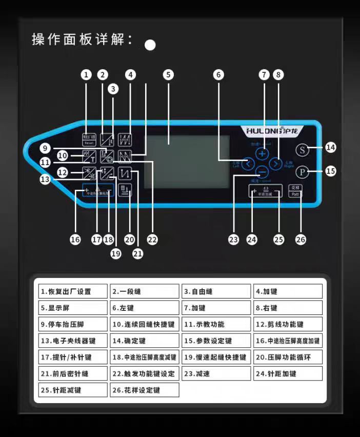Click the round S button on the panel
click(x=303, y=150)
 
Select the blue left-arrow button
click(x=248, y=164)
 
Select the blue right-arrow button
click(x=276, y=164)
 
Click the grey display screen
click(x=187, y=162)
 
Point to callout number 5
click(x=168, y=74)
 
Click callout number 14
click(x=331, y=148)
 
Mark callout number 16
click(x=75, y=239)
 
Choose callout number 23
click(x=234, y=239)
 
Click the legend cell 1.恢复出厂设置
click(x=72, y=291)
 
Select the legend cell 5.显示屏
click(x=72, y=308)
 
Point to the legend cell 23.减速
click(x=216, y=373)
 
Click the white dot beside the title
click(x=150, y=45)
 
